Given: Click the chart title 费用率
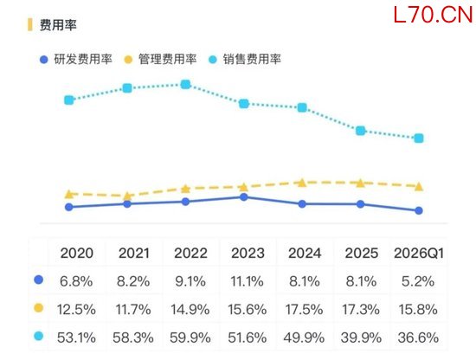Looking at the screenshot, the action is (58, 25).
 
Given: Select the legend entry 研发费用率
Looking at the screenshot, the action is (76, 59).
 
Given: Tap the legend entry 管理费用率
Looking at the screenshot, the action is (160, 59).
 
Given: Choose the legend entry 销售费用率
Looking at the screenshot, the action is (245, 59).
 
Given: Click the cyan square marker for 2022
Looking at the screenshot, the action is (185, 85).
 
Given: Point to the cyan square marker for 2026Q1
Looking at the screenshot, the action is (419, 138).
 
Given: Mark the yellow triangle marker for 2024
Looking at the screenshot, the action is (302, 183).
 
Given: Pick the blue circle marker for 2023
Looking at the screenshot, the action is (244, 197).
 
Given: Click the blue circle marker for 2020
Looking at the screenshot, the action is (69, 207).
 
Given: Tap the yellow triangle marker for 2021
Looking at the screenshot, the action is (127, 196).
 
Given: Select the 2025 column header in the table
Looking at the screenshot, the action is (361, 254).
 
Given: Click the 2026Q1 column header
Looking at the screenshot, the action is (419, 254).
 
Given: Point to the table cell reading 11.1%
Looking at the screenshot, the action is (248, 281).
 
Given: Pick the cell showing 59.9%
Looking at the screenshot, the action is (190, 337).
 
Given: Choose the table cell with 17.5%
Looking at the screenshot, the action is (304, 310).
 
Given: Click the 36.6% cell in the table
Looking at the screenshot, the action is (418, 337).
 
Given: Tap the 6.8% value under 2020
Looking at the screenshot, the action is (76, 281).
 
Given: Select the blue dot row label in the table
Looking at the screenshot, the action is (39, 280).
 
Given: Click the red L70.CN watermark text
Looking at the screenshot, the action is (434, 15).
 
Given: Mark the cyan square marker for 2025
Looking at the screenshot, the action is (360, 131).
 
